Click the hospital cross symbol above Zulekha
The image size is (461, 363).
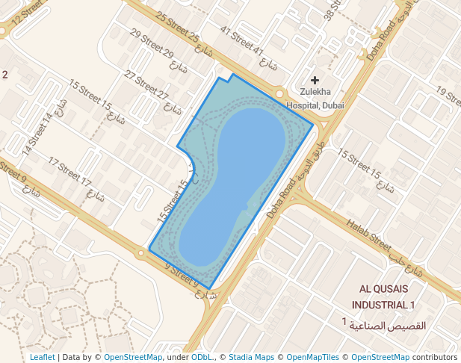pyautogui.click(x=315, y=80)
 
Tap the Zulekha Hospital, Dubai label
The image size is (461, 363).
pyautogui.click(x=316, y=99)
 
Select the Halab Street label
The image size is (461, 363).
pyautogui.click(x=368, y=234)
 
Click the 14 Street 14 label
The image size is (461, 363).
pyautogui.click(x=38, y=134)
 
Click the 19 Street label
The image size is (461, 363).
pyautogui.click(x=448, y=95)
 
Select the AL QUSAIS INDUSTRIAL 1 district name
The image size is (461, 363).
pyautogui.click(x=387, y=297)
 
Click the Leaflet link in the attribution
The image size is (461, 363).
pyautogui.click(x=42, y=357)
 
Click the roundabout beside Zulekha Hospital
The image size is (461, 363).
pyautogui.click(x=279, y=94)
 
